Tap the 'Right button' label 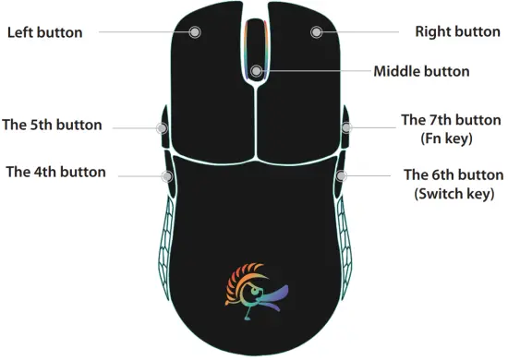[x=457, y=31]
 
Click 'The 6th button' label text [x=454, y=174]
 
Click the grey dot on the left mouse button [x=196, y=31]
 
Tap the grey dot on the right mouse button [x=317, y=31]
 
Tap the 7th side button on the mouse [x=346, y=127]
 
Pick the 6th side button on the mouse [x=341, y=175]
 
